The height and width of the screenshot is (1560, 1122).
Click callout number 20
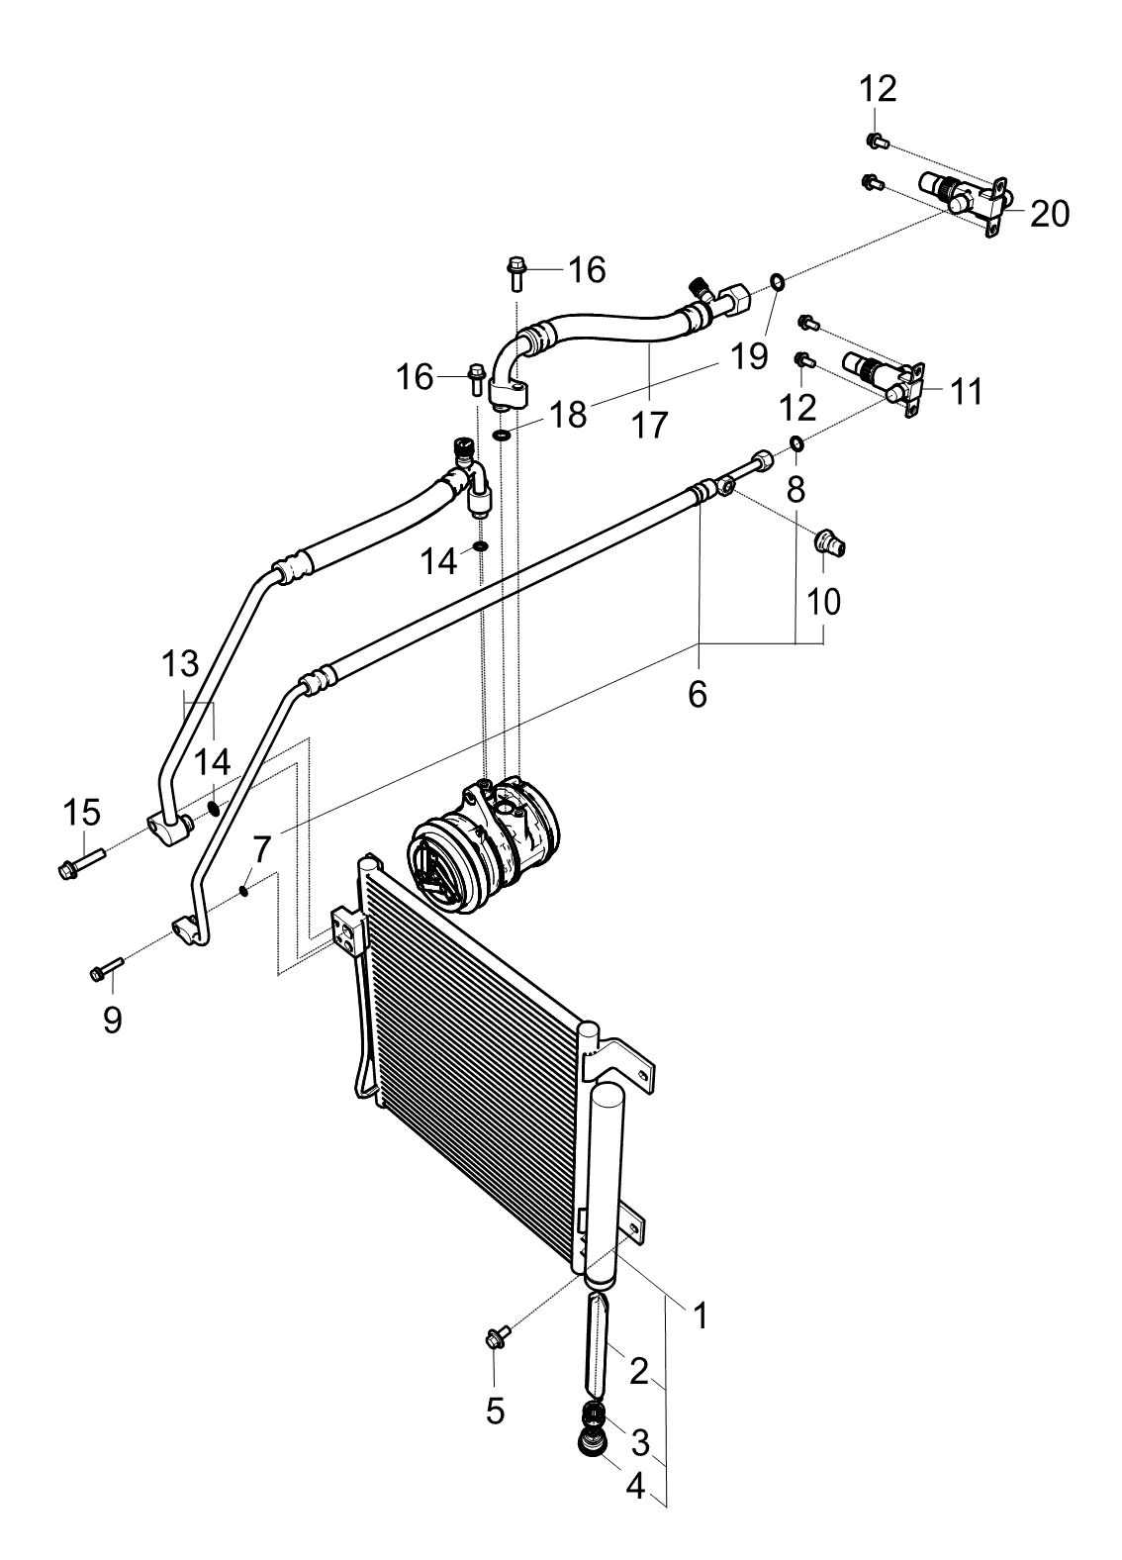(x=1050, y=214)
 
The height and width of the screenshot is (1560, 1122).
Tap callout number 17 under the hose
(x=649, y=424)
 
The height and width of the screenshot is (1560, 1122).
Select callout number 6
(x=698, y=694)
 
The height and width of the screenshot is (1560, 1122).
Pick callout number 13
(x=180, y=664)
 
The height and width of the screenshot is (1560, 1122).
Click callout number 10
(x=823, y=601)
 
